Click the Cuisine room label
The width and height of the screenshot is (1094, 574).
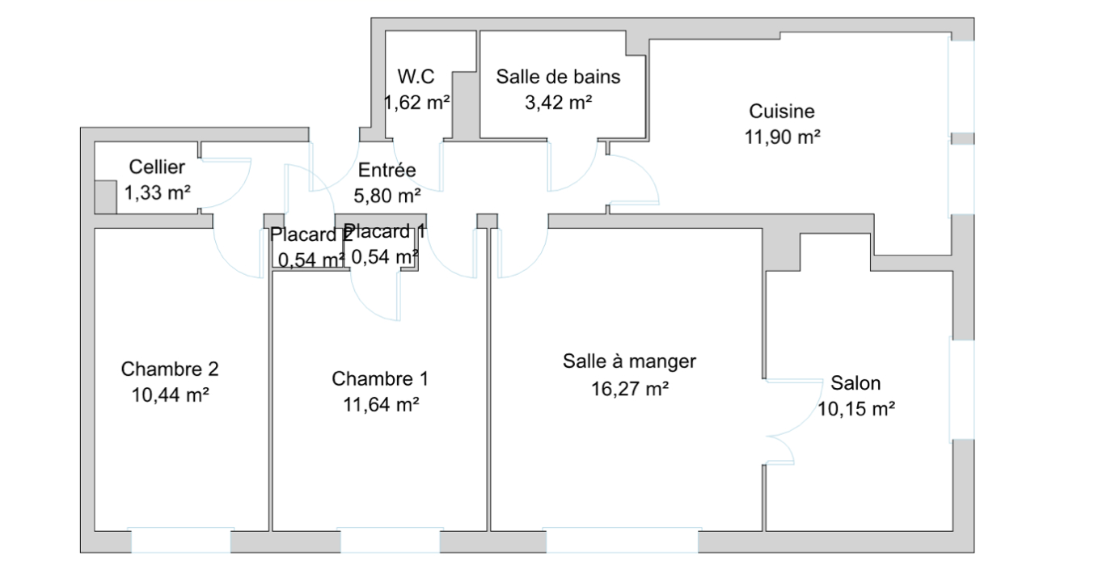pyautogui.click(x=782, y=112)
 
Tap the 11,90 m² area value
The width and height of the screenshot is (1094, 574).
pyautogui.click(x=782, y=137)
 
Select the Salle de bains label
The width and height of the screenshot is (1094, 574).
pyautogui.click(x=558, y=77)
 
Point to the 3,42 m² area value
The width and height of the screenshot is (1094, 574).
pyautogui.click(x=558, y=103)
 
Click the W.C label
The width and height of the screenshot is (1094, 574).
pyautogui.click(x=416, y=77)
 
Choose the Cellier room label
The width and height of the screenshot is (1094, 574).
pyautogui.click(x=157, y=167)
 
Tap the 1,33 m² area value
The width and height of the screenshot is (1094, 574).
pyautogui.click(x=157, y=193)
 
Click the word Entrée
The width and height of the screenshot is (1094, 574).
pyautogui.click(x=386, y=170)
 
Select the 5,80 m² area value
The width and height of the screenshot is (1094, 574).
pyautogui.click(x=386, y=196)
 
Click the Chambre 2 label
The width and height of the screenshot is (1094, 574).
pyautogui.click(x=170, y=369)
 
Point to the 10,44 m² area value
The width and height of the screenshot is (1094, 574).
pyautogui.click(x=170, y=395)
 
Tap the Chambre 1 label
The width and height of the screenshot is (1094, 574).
pyautogui.click(x=380, y=379)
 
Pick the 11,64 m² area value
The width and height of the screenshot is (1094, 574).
pyautogui.click(x=381, y=405)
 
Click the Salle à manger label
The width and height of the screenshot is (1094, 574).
pyautogui.click(x=629, y=362)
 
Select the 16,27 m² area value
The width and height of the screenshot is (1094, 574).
pyautogui.click(x=630, y=390)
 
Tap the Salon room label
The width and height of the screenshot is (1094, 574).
pyautogui.click(x=855, y=383)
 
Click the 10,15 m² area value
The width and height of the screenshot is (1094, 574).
pyautogui.click(x=856, y=409)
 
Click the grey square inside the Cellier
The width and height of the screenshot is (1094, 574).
pyautogui.click(x=105, y=197)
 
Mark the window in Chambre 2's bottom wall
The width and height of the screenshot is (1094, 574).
pyautogui.click(x=180, y=540)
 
